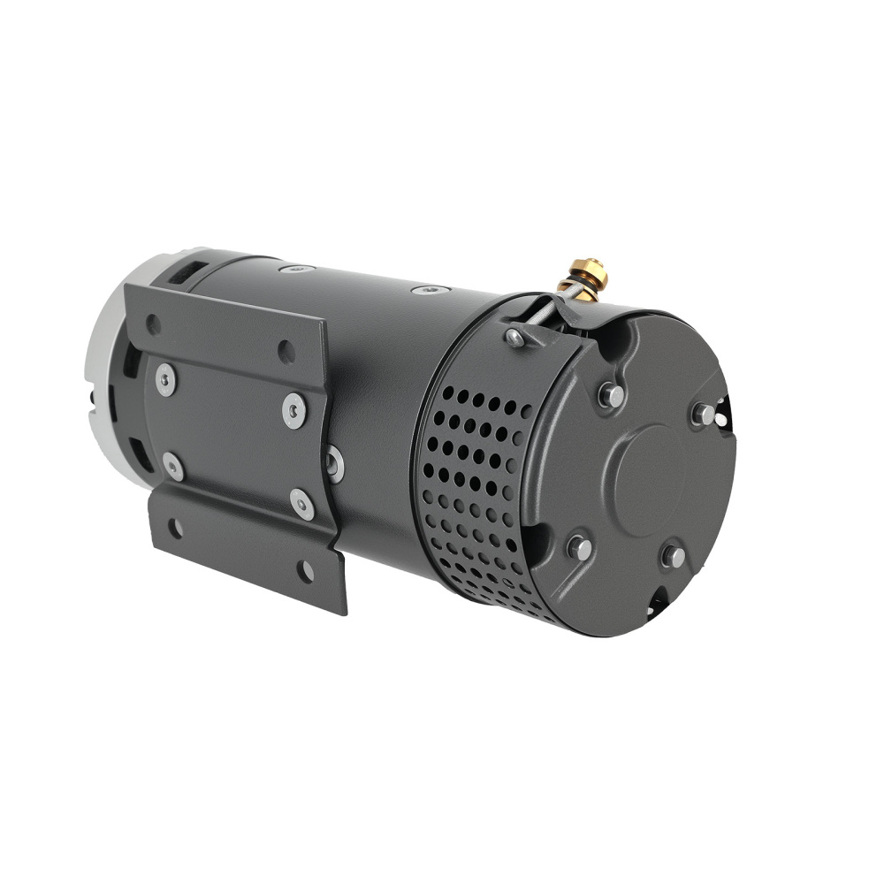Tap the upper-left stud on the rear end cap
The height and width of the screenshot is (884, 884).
pyautogui.click(x=610, y=394)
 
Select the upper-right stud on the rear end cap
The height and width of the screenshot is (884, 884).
pyautogui.click(x=703, y=413)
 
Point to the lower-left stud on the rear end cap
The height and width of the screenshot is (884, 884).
pyautogui.click(x=579, y=547)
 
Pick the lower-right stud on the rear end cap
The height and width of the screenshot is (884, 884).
pyautogui.click(x=673, y=556)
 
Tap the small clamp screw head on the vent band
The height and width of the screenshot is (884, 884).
pyautogui.click(x=514, y=337)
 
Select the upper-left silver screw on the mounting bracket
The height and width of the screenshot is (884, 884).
pyautogui.click(x=165, y=379)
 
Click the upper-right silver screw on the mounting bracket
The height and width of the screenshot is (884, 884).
pyautogui.click(x=294, y=409)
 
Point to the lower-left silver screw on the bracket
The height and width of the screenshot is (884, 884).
pyautogui.click(x=173, y=466)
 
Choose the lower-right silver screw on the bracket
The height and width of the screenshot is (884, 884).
pyautogui.click(x=302, y=504)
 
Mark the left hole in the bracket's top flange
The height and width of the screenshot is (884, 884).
pyautogui.click(x=154, y=324)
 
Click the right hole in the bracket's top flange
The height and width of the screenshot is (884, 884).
pyautogui.click(x=286, y=351)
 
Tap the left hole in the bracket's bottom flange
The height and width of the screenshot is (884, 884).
pyautogui.click(x=175, y=529)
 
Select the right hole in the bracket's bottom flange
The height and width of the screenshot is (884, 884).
pyautogui.click(x=305, y=570)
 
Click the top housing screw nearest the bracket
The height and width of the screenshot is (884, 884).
pyautogui.click(x=295, y=268)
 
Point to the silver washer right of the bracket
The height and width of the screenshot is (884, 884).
pyautogui.click(x=334, y=462)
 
